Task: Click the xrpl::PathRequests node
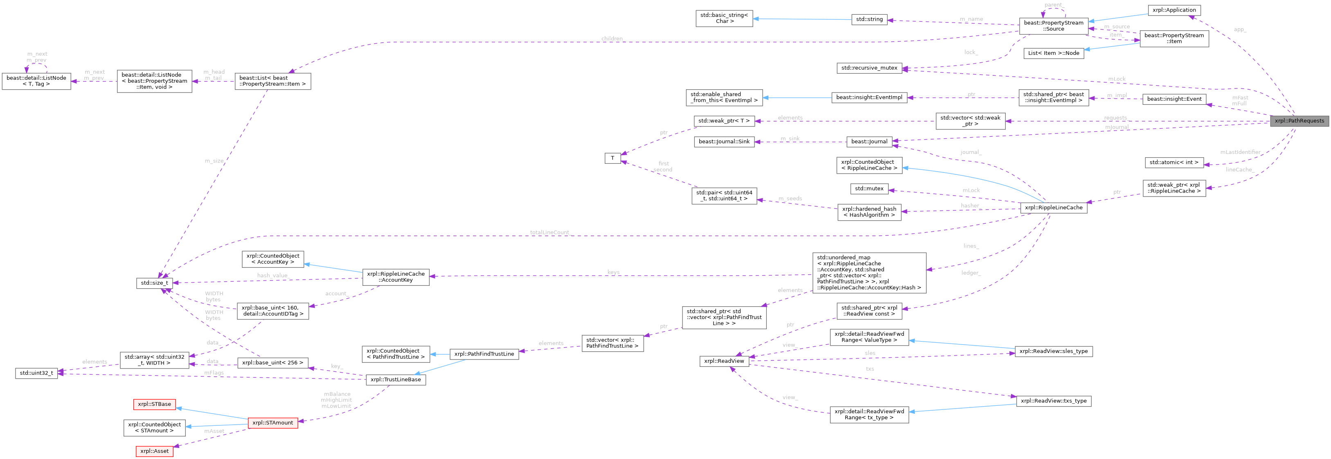(x=1299, y=121)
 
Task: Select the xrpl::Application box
(x=1174, y=10)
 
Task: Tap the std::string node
(x=869, y=19)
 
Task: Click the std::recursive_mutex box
(x=869, y=68)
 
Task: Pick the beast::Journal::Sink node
(x=724, y=142)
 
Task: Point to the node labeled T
(x=612, y=158)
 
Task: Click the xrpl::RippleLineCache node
(x=1054, y=207)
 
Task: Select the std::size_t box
(x=154, y=283)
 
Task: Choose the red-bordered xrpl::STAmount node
(x=273, y=423)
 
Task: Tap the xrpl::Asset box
(x=154, y=451)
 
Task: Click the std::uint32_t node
(x=36, y=373)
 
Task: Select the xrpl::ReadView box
(x=724, y=361)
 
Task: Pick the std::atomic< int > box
(x=1174, y=162)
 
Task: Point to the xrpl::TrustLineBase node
(x=396, y=380)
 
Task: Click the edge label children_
(x=612, y=39)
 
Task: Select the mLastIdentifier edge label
(x=1240, y=152)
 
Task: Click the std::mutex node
(x=869, y=189)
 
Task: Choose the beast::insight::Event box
(x=1174, y=99)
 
